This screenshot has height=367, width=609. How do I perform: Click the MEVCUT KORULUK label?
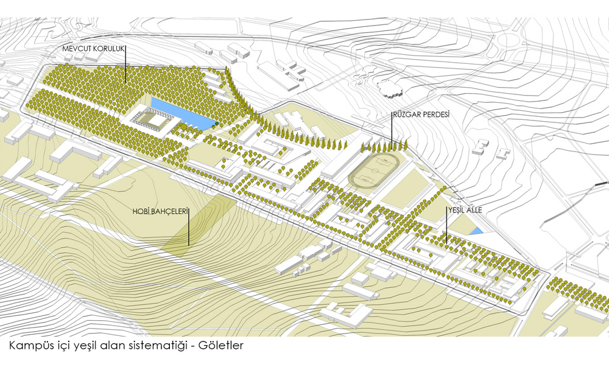pyautogui.click(x=93, y=49)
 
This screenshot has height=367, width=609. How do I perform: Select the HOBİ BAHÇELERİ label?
pyautogui.click(x=160, y=211)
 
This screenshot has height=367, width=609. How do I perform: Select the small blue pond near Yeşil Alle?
pyautogui.click(x=476, y=231)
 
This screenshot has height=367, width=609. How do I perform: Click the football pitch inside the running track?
pyautogui.click(x=373, y=170)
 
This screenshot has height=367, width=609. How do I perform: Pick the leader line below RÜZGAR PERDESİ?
pyautogui.click(x=392, y=130)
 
